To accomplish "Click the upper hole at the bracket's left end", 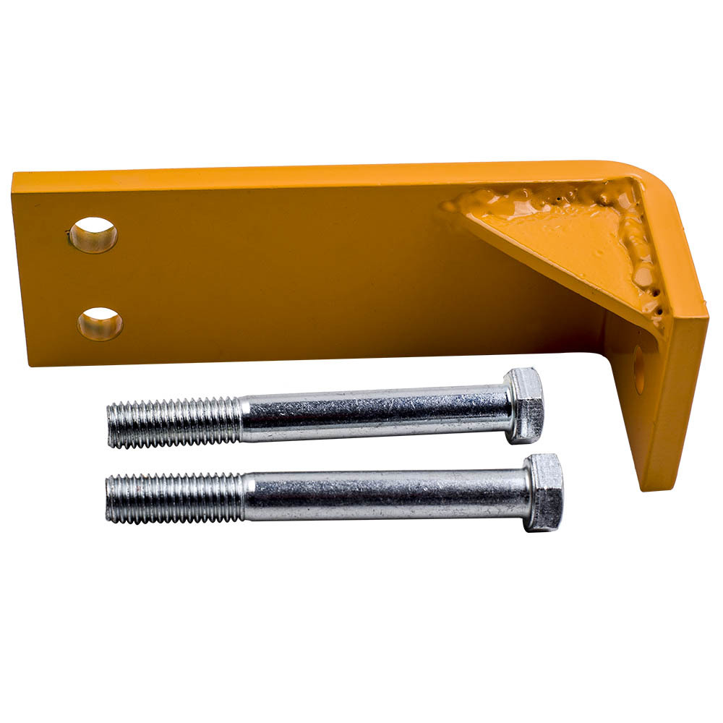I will pos(93,235).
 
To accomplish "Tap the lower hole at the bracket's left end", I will pos(100,324).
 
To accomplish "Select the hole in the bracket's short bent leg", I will pos(639,369).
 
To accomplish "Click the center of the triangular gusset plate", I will pos(578,239).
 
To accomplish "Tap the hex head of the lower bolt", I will pos(544,492).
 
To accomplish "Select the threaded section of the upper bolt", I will pos(174,422).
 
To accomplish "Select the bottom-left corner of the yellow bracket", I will pos(30,364).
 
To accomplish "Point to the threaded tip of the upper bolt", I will pos(111,426).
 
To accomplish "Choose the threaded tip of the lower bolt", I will pos(108,498).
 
